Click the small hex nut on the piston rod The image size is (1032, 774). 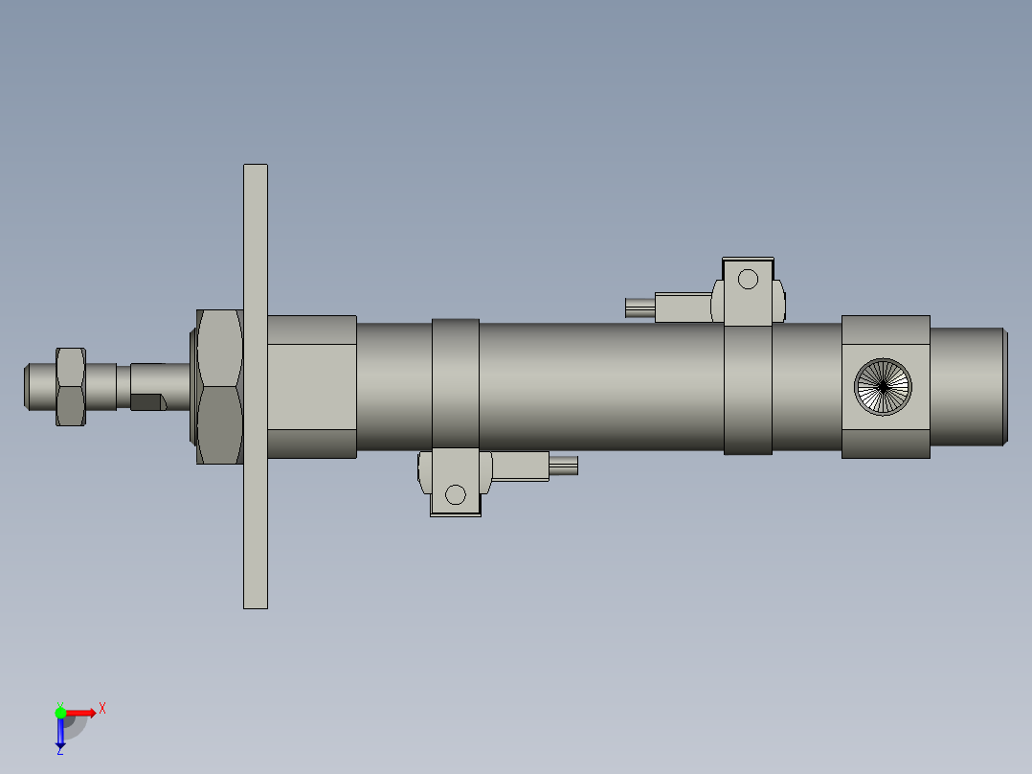coord(71,386)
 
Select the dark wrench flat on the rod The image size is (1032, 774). coord(146,401)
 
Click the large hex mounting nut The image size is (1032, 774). coord(219,386)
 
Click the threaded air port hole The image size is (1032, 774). coord(883,386)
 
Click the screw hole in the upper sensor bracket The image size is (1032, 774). coord(748,280)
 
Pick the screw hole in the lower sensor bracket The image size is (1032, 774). coord(456,494)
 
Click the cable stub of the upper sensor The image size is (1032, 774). coord(639,307)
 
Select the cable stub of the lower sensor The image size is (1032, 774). coord(564,466)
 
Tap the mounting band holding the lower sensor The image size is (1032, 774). coord(455,383)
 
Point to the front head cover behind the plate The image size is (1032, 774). coord(311,386)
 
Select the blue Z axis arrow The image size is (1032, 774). coord(60,734)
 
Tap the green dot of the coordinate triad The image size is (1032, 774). coord(60,711)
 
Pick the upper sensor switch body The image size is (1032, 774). coord(684,307)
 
